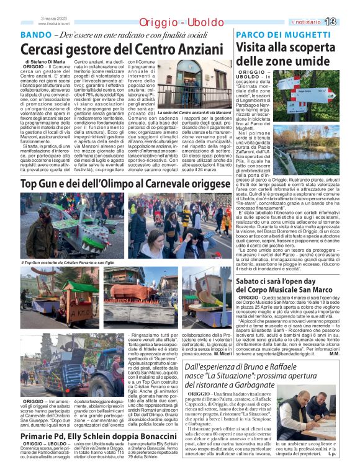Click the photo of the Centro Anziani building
pos(194,84)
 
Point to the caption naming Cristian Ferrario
pos(70,262)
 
